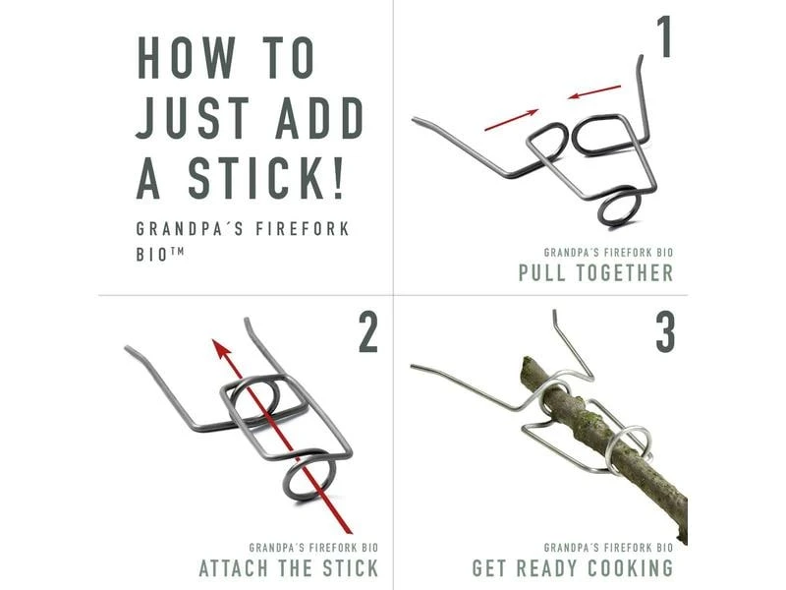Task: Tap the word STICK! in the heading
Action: [266, 178]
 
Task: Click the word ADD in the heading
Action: [319, 118]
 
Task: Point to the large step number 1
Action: [664, 37]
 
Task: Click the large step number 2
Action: [368, 331]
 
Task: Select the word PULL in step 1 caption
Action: [542, 273]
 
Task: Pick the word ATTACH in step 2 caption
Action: [234, 568]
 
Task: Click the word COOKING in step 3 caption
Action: [631, 568]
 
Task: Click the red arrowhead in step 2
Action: [220, 350]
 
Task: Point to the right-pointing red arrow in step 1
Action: [511, 120]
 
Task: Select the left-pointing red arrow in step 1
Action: [594, 91]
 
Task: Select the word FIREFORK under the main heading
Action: [303, 229]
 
